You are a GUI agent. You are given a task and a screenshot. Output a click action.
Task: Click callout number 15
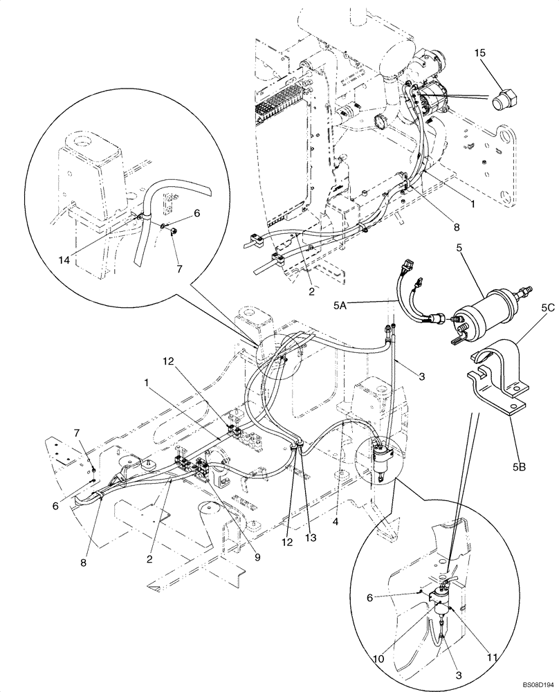481,53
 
